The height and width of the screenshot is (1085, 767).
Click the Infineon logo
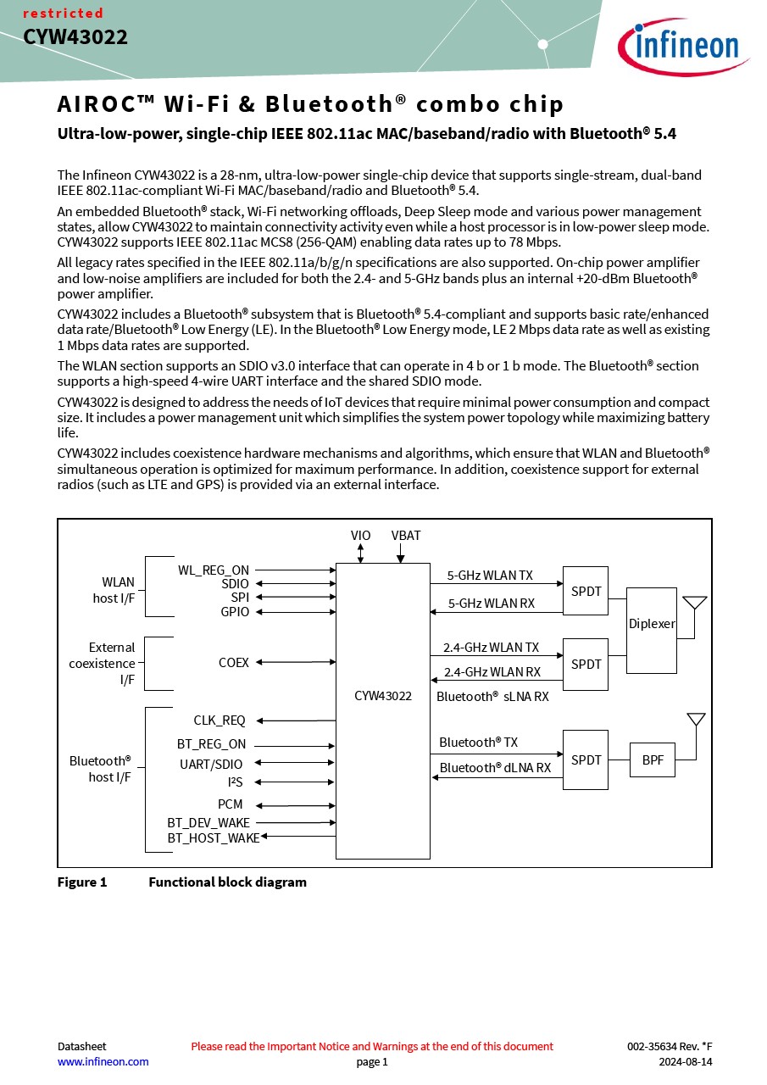coord(683,47)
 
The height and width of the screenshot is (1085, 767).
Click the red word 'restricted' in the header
coord(63,13)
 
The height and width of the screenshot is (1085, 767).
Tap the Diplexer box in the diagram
coord(651,630)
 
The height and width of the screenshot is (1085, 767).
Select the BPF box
coord(653,759)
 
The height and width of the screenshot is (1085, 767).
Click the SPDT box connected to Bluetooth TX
coord(586,759)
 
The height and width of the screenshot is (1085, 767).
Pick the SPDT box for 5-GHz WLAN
coord(586,591)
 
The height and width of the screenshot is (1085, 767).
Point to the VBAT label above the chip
coord(406,535)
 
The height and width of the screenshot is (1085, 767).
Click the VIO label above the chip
coord(360,535)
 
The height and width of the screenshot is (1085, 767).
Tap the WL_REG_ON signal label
coord(214,570)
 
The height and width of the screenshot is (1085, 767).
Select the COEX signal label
coord(233,662)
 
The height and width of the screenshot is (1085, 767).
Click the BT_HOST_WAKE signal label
coord(214,837)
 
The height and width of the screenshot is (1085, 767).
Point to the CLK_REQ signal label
coord(220,721)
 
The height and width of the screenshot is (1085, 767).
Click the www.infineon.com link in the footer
coord(103,1061)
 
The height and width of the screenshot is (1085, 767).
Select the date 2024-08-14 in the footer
coord(685,1061)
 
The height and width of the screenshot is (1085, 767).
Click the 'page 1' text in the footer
coord(372,1062)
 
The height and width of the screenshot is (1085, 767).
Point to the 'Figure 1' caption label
coord(82,882)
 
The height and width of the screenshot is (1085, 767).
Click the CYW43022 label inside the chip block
coord(382,696)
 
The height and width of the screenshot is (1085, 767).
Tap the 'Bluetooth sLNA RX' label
coord(492,696)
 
